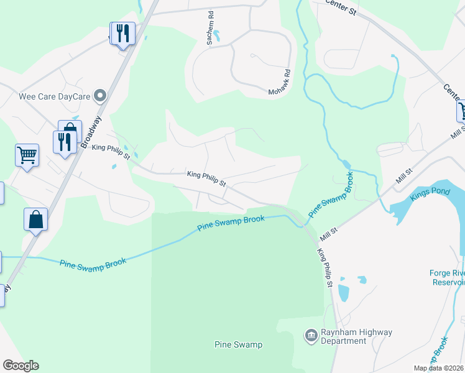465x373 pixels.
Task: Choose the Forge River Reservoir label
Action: (447, 277)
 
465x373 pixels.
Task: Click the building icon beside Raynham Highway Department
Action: (311, 336)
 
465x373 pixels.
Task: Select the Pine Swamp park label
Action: (238, 344)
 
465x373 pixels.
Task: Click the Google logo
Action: (21, 366)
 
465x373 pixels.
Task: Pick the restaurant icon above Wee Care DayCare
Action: (122, 33)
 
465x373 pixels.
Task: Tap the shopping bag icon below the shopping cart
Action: (36, 219)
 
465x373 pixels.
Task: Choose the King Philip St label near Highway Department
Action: (325, 268)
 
